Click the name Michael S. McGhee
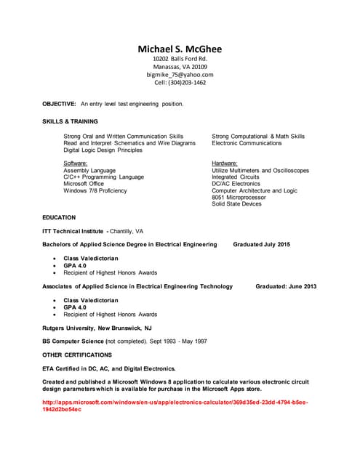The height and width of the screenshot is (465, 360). click(x=180, y=49)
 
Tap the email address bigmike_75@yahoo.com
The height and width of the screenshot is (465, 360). click(x=180, y=74)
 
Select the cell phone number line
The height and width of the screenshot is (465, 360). click(x=180, y=82)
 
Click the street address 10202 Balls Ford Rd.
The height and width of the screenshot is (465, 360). click(x=180, y=58)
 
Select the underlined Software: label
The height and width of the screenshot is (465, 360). click(x=76, y=163)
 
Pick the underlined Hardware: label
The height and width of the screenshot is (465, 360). click(x=225, y=163)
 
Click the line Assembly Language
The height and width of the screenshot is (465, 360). click(x=89, y=171)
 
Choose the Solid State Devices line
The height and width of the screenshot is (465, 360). click(x=236, y=204)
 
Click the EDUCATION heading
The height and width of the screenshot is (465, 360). click(x=59, y=217)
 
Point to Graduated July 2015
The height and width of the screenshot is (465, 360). click(x=261, y=245)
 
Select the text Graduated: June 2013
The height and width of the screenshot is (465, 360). click(x=286, y=287)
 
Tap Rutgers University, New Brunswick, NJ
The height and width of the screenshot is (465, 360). click(x=97, y=328)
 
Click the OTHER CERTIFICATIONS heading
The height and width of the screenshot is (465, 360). click(x=77, y=355)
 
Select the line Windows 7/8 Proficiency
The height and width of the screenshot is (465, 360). click(x=95, y=191)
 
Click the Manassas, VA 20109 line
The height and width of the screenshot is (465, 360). click(x=180, y=66)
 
